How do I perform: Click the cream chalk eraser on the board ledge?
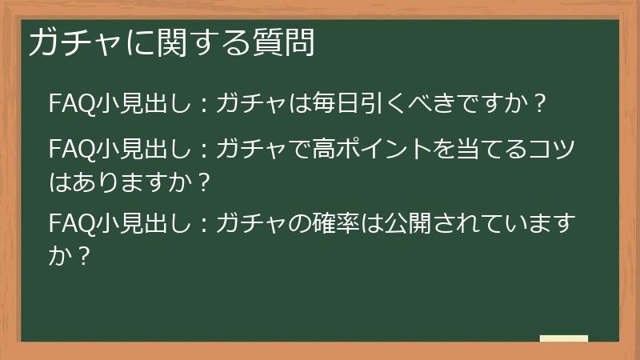point(563,339)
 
